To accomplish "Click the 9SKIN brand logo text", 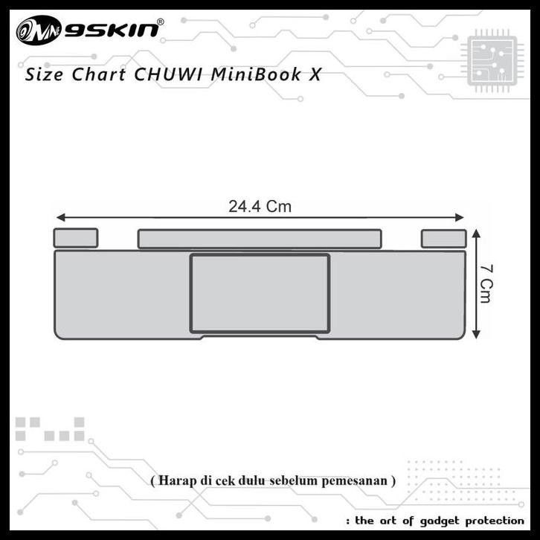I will tap(112, 30).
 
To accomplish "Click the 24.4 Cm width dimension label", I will tap(260, 207).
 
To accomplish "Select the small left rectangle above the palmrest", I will tap(75, 238).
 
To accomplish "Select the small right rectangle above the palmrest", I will tap(443, 238).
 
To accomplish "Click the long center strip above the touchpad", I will tap(260, 239).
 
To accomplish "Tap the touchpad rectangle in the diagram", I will tap(260, 293).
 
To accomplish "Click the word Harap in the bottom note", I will tap(173, 480).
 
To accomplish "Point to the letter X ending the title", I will tap(315, 75).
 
